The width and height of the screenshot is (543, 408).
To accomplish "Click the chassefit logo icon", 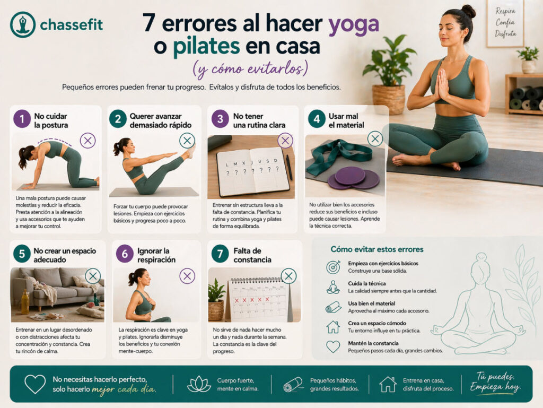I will coord(22,24).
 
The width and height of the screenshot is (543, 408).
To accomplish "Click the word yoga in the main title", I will coord(353,24).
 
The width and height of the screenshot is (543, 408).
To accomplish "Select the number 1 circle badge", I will coord(22,119).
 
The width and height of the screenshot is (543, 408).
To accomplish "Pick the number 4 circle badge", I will coord(317,119).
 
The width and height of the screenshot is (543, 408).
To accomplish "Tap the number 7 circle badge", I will coord(220,254).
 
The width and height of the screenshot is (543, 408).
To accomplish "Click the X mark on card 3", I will coord(285,141).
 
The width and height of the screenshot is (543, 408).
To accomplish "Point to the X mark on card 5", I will coord(93,275).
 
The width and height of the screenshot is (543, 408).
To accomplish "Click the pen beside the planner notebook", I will coord(289,167).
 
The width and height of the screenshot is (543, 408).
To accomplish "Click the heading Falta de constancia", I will coord(252,255).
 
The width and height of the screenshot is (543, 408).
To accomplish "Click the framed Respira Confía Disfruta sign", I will coord(505,23).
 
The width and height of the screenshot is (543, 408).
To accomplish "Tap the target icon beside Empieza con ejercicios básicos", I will coord(333,267).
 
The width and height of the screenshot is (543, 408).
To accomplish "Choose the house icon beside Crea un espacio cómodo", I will coord(333,327).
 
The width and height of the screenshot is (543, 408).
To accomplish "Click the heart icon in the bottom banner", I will coord(35,384).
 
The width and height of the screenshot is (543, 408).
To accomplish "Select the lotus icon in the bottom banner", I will coord(199,384).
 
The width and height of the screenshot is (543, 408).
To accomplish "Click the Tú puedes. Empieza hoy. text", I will coord(495,383).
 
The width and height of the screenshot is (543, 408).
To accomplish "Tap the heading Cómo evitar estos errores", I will coord(377,249).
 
